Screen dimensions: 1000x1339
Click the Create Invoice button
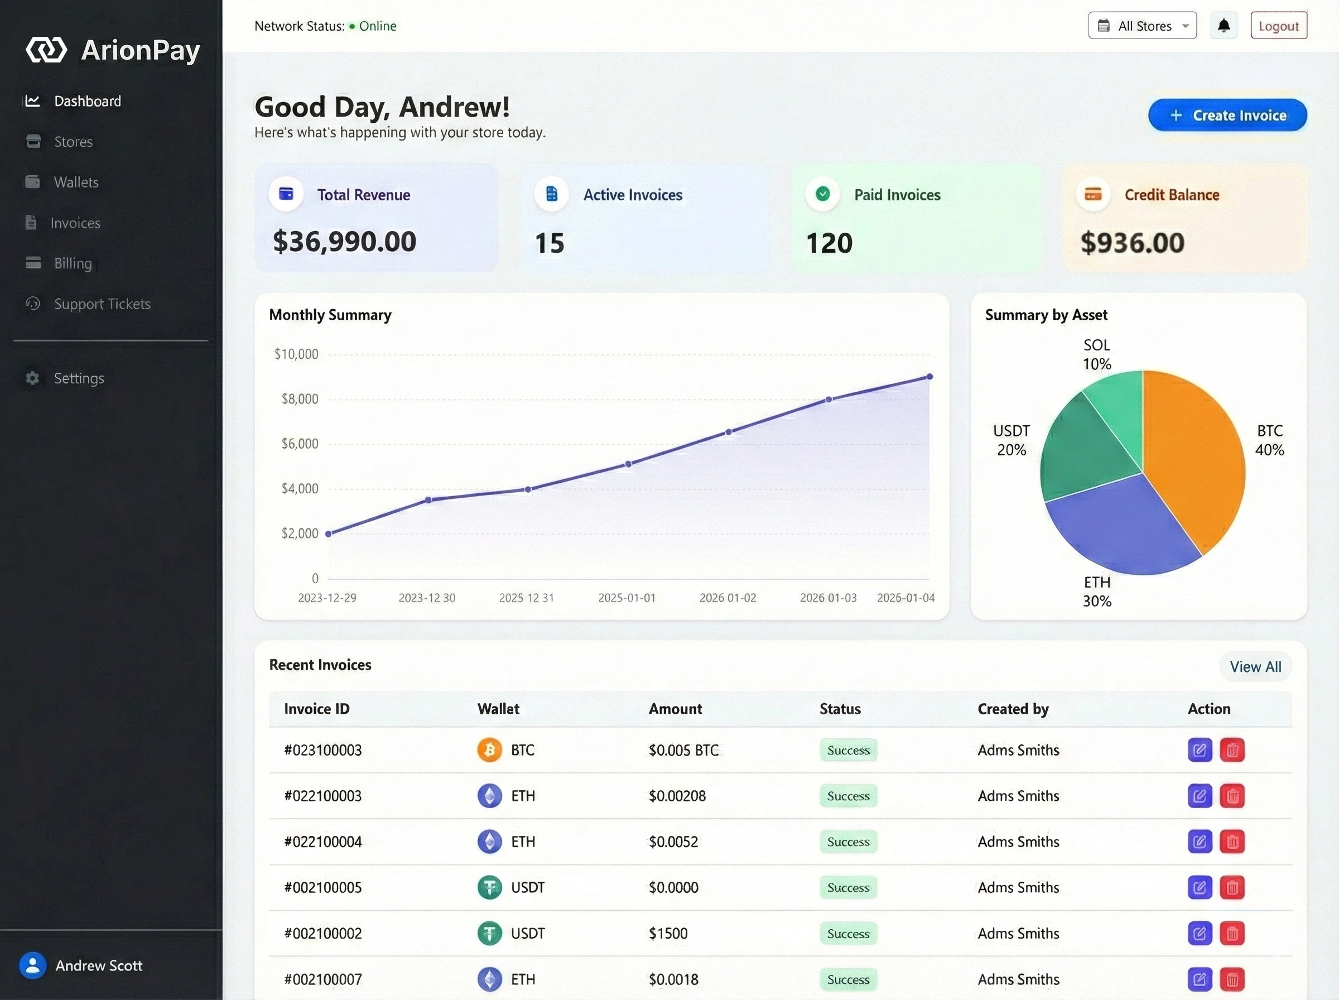click(1227, 115)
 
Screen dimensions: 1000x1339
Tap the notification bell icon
click(1224, 26)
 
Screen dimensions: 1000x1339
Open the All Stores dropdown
click(1143, 26)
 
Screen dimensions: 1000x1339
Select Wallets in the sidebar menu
click(76, 182)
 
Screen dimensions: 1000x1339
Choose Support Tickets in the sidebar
click(102, 304)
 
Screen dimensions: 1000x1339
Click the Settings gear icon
click(33, 378)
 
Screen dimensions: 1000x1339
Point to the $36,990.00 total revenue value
click(344, 242)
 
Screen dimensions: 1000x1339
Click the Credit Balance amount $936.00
click(1132, 243)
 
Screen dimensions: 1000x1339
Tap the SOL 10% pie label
click(1096, 355)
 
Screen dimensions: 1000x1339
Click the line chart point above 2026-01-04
click(929, 377)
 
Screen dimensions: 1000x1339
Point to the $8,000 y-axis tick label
click(300, 399)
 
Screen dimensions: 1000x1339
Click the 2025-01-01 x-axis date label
click(627, 598)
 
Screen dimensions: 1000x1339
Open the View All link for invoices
click(1255, 666)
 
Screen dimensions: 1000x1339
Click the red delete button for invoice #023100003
click(1232, 750)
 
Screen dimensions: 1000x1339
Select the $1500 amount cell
click(668, 934)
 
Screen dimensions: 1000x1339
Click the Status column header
click(840, 709)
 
